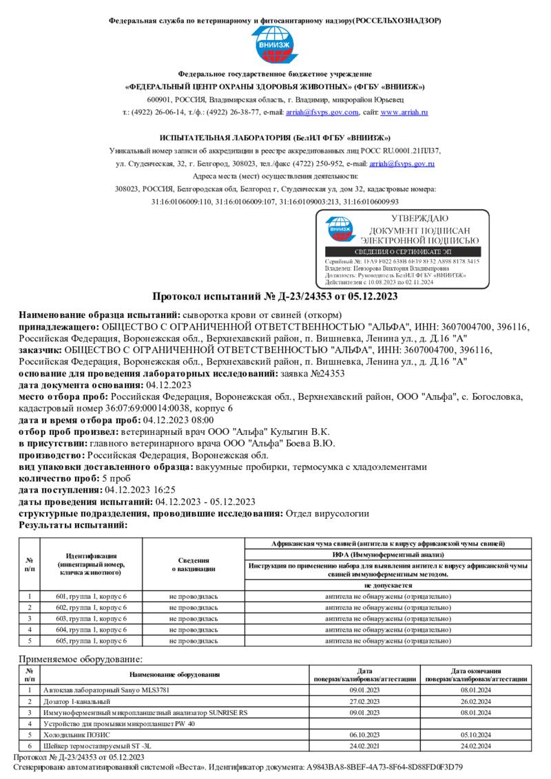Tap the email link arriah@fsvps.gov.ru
pyautogui.click(x=402, y=164)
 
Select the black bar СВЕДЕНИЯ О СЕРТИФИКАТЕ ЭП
pyautogui.click(x=402, y=253)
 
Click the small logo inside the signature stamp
pyautogui.click(x=338, y=230)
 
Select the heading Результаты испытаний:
pyautogui.click(x=73, y=524)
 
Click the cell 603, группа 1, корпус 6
pyautogui.click(x=91, y=618)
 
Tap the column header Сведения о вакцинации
pyautogui.click(x=193, y=564)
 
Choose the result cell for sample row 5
pyautogui.click(x=388, y=640)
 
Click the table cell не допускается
pyautogui.click(x=388, y=584)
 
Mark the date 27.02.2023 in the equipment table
pyautogui.click(x=364, y=701)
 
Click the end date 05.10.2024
pyautogui.click(x=475, y=734)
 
